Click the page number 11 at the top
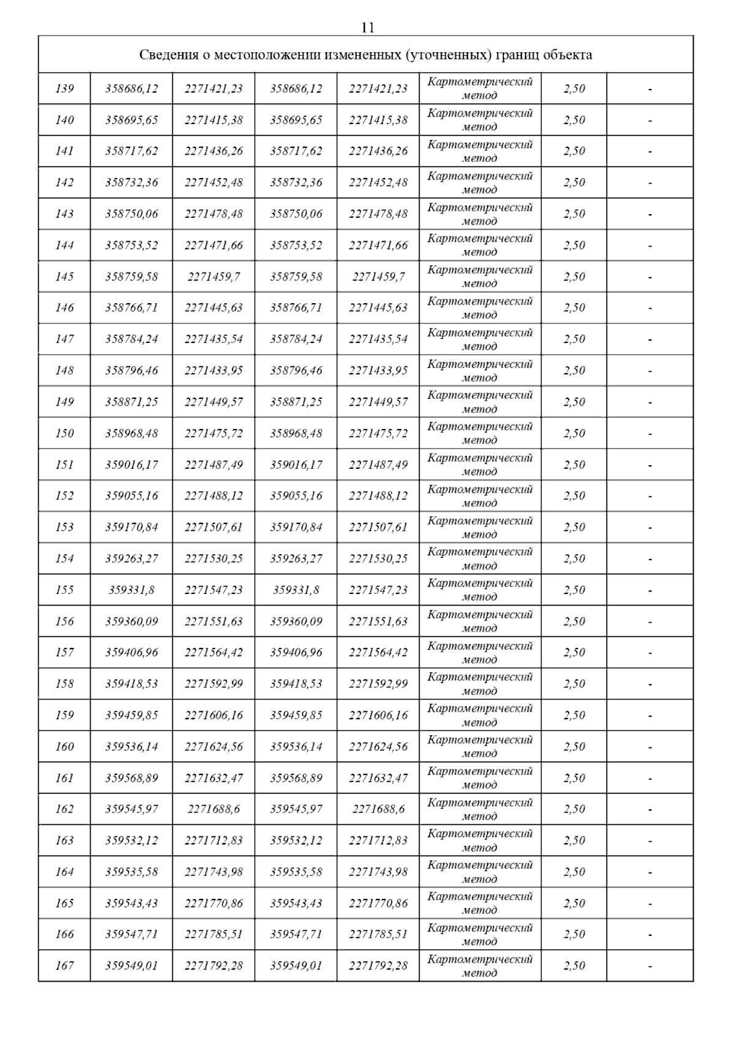point(367,28)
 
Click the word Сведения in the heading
point(166,55)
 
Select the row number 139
point(64,89)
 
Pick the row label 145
point(64,277)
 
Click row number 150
point(64,434)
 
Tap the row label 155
point(64,590)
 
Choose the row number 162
point(64,809)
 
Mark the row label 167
point(64,966)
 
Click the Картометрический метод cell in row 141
point(480,152)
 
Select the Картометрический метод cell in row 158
point(480,684)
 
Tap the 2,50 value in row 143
point(574,214)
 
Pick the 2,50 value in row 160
point(574,747)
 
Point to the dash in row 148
point(650,371)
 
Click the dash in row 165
point(650,904)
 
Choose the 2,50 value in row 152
point(574,496)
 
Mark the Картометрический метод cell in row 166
point(480,935)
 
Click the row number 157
point(64,653)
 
